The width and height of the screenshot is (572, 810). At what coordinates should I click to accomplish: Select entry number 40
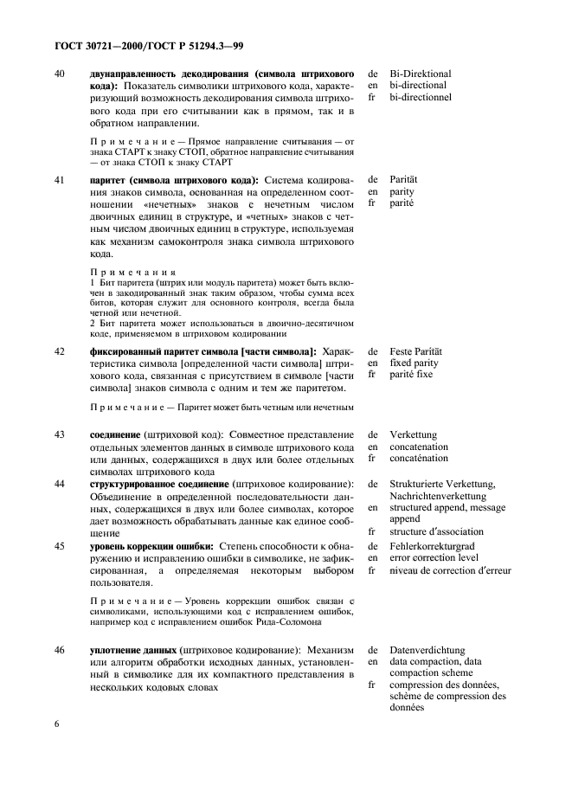coord(60,74)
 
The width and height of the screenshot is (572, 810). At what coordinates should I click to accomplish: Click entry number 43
coord(60,434)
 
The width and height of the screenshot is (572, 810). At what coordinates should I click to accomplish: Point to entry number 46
coord(60,649)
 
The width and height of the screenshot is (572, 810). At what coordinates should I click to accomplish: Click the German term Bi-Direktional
coord(421,74)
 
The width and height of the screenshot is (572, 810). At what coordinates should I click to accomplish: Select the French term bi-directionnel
coord(421,99)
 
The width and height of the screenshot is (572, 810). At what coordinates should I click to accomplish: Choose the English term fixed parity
coord(414,363)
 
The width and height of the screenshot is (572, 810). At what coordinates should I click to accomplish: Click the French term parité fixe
coord(412,376)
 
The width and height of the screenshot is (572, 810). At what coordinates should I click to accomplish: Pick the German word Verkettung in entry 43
coord(414,434)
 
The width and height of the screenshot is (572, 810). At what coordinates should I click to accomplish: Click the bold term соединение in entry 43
coord(118,434)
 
